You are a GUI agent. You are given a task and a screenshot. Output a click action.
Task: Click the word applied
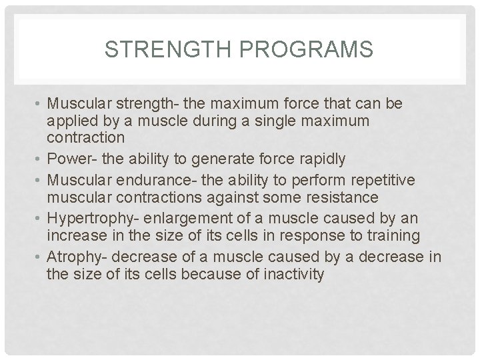[70, 121]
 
